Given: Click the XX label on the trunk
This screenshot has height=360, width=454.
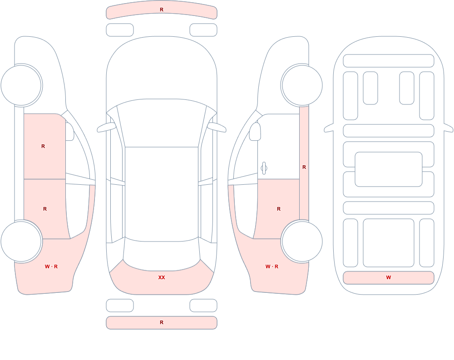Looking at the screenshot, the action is click(162, 277).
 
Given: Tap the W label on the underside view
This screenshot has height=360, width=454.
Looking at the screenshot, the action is click(389, 277).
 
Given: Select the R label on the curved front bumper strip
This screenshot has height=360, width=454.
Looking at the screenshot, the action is click(162, 10).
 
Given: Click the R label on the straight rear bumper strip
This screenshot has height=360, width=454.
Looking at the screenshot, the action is click(162, 322).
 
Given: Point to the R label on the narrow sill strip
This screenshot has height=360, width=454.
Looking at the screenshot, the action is click(304, 167).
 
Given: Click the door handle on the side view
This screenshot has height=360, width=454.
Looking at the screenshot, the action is click(264, 168).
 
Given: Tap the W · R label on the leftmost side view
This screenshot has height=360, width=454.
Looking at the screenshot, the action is click(51, 266).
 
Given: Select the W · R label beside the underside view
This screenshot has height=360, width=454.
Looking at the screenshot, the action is click(272, 266).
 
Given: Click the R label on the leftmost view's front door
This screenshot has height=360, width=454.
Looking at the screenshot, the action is click(43, 146).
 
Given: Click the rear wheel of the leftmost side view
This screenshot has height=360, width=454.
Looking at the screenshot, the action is click(21, 241).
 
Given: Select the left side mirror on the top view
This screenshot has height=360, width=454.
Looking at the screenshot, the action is click(106, 127).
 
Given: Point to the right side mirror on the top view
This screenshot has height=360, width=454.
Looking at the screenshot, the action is click(217, 127).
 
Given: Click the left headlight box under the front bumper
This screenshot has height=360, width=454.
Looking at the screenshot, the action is click(120, 30).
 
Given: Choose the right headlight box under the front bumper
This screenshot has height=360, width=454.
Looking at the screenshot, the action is click(203, 30).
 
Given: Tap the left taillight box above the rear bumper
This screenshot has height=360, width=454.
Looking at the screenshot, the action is click(120, 306).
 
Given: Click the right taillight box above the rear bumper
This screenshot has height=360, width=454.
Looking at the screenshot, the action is click(203, 306).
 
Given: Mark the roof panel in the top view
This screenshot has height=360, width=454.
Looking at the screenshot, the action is click(162, 193).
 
